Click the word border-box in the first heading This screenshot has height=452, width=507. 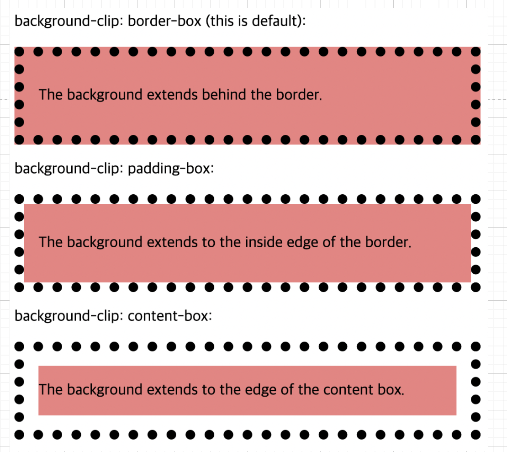pyautogui.click(x=164, y=21)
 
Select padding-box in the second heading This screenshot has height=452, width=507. pyautogui.click(x=171, y=169)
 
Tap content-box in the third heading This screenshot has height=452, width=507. pyautogui.click(x=170, y=316)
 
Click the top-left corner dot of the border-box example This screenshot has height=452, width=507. pyautogui.click(x=19, y=52)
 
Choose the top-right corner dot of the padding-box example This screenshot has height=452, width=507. pyautogui.click(x=475, y=199)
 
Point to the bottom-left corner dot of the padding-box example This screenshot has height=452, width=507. pyautogui.click(x=19, y=287)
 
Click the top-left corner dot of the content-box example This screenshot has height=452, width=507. pyautogui.click(x=19, y=346)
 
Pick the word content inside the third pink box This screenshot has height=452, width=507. pyautogui.click(x=349, y=390)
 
